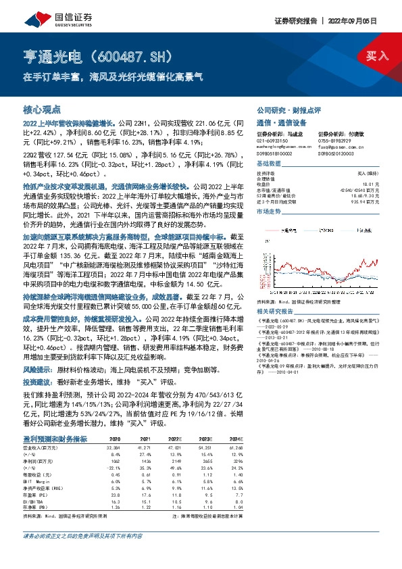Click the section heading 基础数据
point(269,164)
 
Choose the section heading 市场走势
point(269,212)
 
